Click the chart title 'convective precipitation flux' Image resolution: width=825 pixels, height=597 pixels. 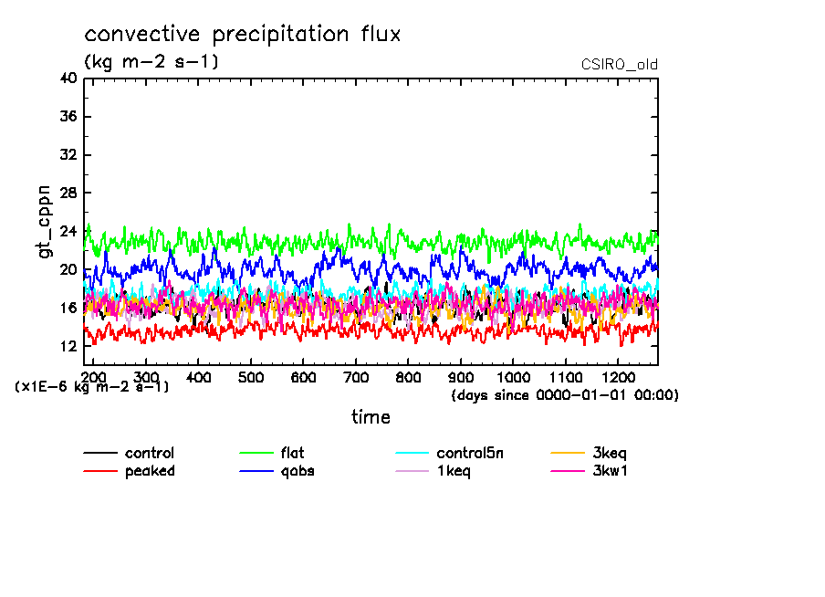coord(243,35)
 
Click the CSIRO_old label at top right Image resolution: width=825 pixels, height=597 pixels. coord(619,65)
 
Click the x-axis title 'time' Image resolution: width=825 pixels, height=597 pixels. coord(371,418)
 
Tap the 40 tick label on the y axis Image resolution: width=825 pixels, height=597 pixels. coord(67,79)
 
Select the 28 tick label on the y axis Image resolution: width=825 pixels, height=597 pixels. coord(67,194)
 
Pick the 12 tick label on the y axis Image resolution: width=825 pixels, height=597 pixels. coord(67,347)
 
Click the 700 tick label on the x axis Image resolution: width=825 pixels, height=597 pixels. coord(356,377)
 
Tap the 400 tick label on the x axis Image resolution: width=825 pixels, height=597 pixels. coord(199,377)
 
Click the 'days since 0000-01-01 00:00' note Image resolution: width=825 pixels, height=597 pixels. coord(565,395)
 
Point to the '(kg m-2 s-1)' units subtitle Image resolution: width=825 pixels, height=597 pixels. coord(151,62)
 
